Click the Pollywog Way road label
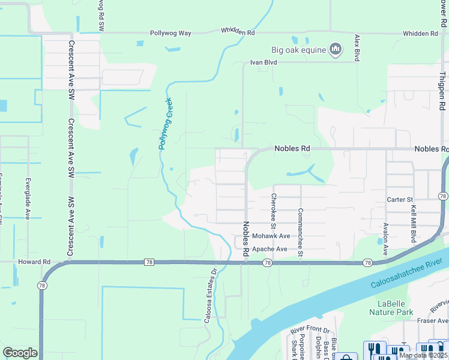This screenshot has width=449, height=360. tap(170, 33)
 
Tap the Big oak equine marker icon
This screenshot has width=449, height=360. tap(336, 49)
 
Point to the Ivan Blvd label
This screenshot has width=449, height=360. tap(263, 62)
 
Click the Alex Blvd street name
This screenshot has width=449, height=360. tap(357, 47)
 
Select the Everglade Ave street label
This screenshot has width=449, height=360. tap(28, 198)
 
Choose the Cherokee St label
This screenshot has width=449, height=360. tap(273, 211)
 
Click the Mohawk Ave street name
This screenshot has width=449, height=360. tap(271, 236)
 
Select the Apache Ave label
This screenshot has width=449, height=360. tap(270, 249)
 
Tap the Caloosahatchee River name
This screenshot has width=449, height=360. tap(406, 274)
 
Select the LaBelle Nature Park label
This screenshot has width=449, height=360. tap(391, 308)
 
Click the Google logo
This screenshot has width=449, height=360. tap(20, 352)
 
